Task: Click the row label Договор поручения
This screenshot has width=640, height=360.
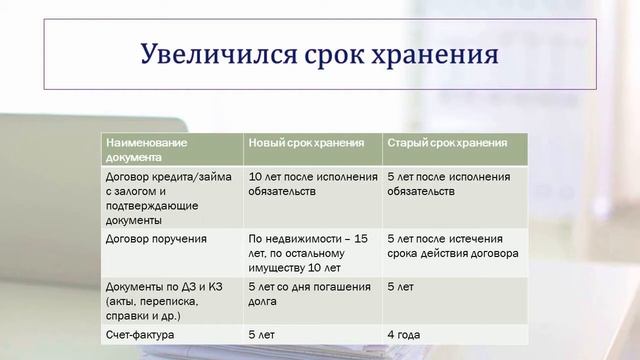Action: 156,239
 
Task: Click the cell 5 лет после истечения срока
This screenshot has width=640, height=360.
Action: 452,246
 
